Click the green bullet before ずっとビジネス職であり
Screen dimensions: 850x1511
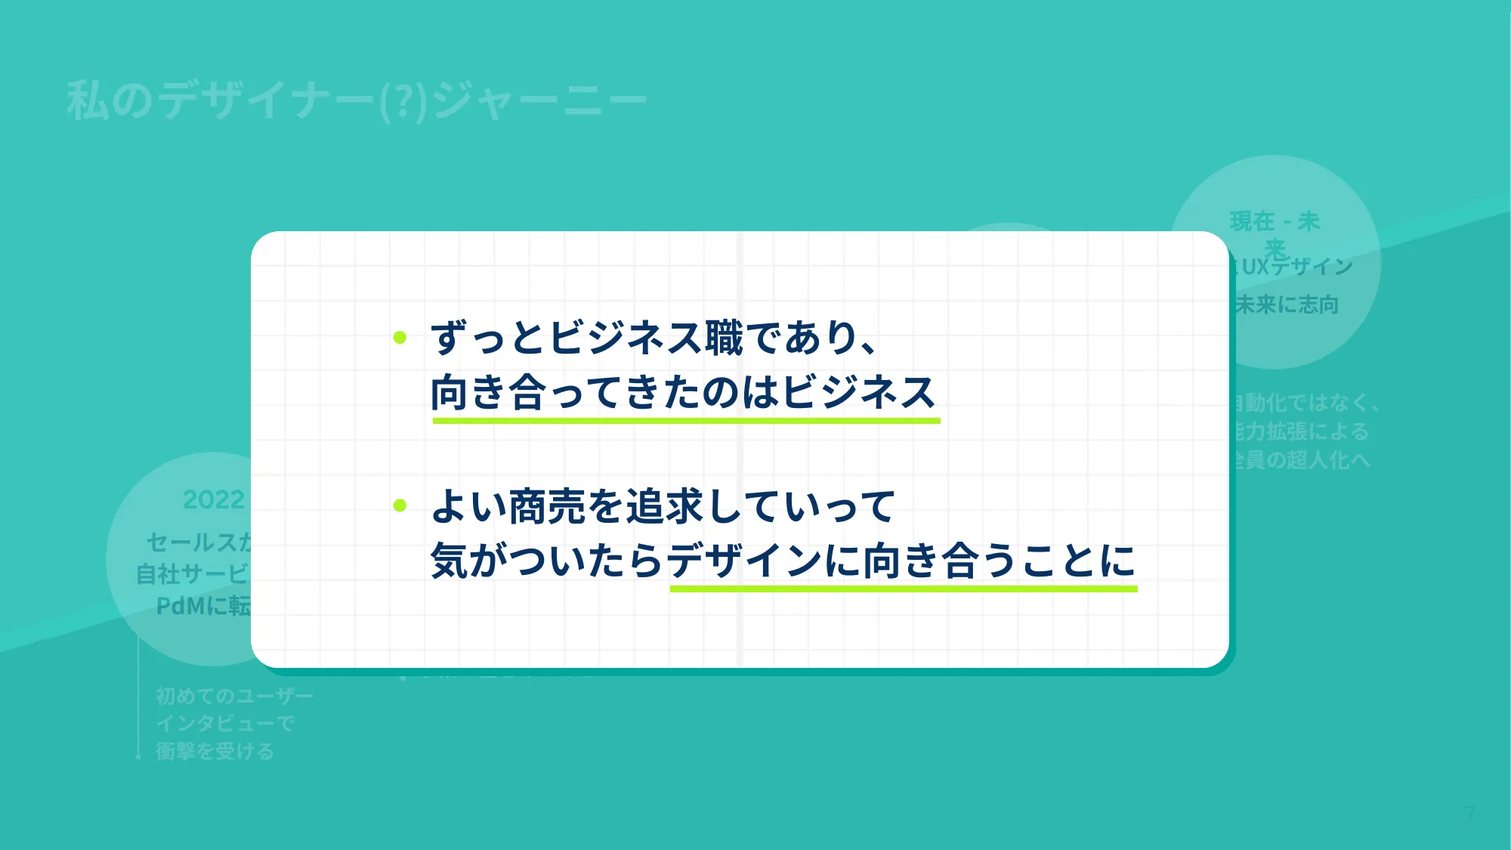click(400, 338)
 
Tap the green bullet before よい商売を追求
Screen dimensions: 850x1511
click(400, 505)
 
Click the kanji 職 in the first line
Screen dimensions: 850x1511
click(725, 338)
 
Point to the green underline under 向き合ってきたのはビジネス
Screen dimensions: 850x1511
click(686, 420)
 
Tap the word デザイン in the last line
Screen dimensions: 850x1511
click(744, 561)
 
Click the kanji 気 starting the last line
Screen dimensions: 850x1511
click(450, 561)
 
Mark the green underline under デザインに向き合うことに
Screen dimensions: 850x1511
click(903, 588)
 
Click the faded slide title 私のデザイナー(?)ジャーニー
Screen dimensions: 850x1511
click(357, 100)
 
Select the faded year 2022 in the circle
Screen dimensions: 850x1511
click(214, 499)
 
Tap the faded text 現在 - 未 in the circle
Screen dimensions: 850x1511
click(1275, 221)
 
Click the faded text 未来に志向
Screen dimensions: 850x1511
click(1287, 304)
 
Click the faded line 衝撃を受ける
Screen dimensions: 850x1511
click(215, 751)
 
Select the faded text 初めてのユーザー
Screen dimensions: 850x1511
click(234, 695)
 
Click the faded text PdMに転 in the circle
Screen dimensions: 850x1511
click(203, 606)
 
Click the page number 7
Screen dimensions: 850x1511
click(1469, 813)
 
